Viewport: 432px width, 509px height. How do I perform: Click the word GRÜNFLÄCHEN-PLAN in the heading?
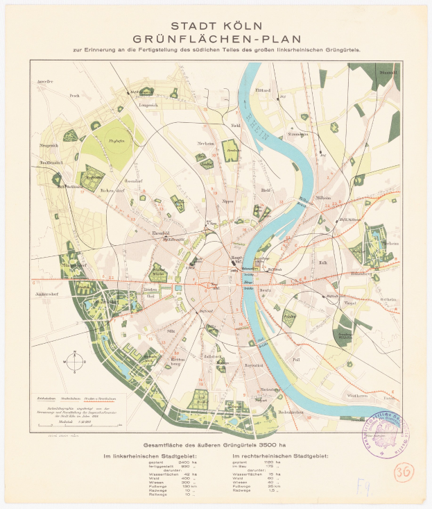(215, 40)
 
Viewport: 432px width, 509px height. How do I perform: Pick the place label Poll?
(296, 360)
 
